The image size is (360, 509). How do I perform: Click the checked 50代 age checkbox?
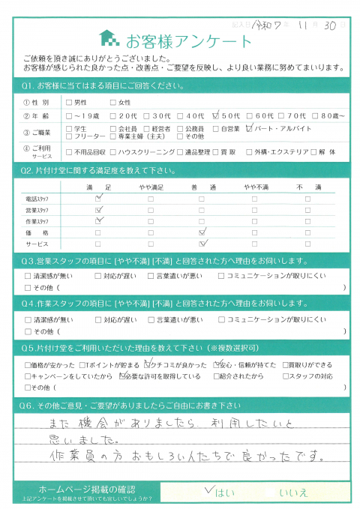[216, 116]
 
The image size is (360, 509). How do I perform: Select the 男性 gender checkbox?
[70, 102]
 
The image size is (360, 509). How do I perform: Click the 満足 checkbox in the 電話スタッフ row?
[99, 199]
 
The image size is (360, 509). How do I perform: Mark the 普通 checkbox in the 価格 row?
[202, 233]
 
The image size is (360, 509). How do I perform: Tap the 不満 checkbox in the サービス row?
[306, 244]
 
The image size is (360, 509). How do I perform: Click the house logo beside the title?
[109, 38]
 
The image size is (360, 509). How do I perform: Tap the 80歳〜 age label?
[332, 116]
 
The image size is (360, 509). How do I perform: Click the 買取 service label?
[259, 151]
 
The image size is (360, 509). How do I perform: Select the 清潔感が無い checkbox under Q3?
[28, 276]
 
